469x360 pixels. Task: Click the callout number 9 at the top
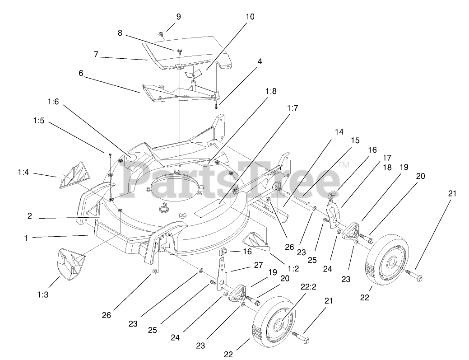click(178, 17)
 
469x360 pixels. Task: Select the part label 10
click(250, 17)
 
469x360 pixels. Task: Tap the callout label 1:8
click(271, 91)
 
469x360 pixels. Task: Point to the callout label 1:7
click(293, 108)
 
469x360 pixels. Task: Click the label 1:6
click(53, 102)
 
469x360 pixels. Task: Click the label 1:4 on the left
click(24, 172)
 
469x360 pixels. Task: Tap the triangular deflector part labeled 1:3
click(71, 265)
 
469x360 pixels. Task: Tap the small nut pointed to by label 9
click(161, 34)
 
